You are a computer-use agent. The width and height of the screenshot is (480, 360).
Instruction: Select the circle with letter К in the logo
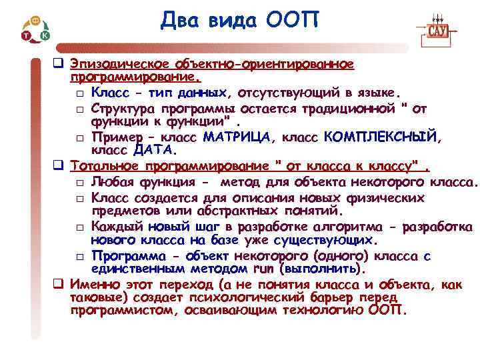pos(45,34)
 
